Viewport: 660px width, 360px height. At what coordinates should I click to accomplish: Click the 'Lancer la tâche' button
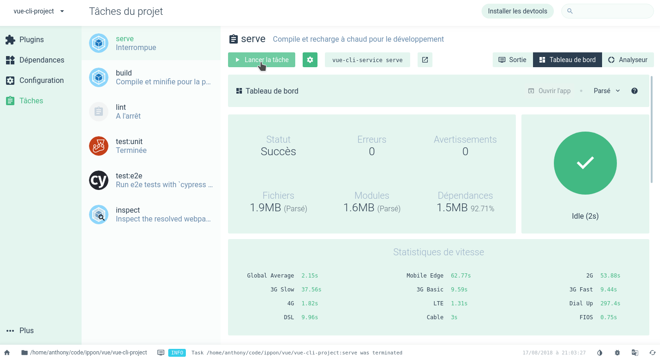pos(261,60)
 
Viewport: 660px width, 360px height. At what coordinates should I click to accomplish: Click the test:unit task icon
pos(99,146)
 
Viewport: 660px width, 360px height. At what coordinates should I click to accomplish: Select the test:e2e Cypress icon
pos(99,180)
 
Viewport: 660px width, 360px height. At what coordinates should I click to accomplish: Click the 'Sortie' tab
pos(513,60)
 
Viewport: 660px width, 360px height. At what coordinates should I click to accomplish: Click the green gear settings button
pos(310,60)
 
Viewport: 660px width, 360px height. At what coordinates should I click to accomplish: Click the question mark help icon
pos(635,91)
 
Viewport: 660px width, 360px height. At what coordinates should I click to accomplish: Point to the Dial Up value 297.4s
pos(610,303)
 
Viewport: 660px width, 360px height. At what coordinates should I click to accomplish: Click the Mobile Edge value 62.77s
pos(461,276)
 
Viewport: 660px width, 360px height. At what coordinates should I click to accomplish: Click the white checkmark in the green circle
pos(585,163)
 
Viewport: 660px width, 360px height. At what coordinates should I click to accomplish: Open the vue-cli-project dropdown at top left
pos(39,11)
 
